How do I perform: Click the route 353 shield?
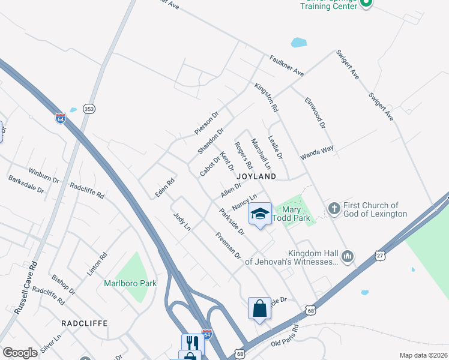pos(89,109)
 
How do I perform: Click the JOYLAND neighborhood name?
pos(256,176)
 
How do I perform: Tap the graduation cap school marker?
pos(260,214)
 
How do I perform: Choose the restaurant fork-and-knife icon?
pos(193,343)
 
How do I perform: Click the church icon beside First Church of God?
pos(334,209)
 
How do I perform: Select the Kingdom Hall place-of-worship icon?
pos(348,257)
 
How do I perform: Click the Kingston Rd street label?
pos(267,98)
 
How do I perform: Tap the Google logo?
pos(20,352)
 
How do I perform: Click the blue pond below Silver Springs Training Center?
pos(298,43)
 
